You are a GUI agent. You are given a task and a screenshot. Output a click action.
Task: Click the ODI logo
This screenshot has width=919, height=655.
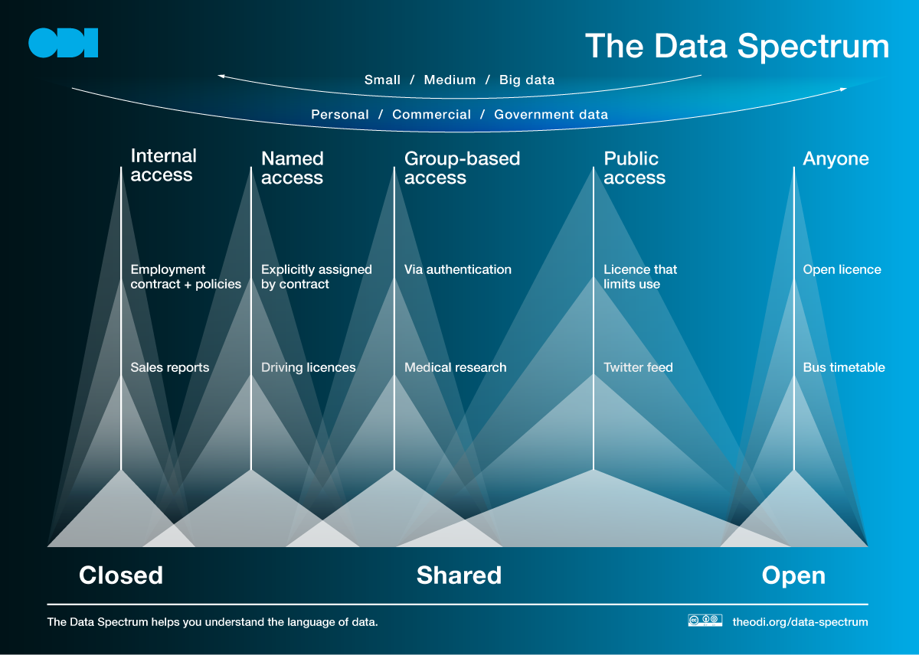tap(63, 43)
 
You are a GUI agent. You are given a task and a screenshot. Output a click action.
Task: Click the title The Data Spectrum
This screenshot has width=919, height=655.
tap(737, 47)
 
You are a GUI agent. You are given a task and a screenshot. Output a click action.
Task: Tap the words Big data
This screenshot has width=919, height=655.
tap(527, 80)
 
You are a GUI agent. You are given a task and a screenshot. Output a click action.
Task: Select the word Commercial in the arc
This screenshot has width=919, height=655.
tap(431, 114)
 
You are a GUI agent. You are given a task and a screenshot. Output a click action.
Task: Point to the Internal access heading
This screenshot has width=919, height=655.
tap(163, 165)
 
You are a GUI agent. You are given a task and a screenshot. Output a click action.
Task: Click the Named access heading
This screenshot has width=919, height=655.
tap(292, 168)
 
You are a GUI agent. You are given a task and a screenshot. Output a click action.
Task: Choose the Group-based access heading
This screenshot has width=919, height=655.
tap(462, 168)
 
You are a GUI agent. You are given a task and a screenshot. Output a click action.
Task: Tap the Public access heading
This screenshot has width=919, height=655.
tap(634, 168)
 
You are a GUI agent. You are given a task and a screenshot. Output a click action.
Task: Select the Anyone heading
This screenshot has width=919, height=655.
tap(836, 159)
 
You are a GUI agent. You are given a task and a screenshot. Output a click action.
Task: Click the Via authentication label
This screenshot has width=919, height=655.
tap(458, 269)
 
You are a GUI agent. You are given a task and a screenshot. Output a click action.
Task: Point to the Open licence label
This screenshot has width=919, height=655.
tap(842, 269)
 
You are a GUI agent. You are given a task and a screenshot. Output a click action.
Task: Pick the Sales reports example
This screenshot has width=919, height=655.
tap(169, 367)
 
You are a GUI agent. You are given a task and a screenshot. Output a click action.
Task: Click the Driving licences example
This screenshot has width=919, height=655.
tap(308, 367)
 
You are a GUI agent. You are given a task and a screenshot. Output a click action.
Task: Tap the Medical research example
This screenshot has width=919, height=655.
tap(456, 367)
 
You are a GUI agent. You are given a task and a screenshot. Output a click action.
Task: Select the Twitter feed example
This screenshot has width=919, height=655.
tap(638, 367)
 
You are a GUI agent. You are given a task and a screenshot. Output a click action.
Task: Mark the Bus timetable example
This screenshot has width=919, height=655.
tap(844, 367)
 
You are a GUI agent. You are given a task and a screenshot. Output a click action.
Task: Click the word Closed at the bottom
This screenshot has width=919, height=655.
tap(121, 575)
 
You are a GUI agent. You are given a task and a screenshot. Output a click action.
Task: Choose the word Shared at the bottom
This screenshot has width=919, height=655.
tap(459, 575)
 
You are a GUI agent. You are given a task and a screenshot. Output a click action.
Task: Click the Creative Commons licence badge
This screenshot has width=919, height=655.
tap(705, 620)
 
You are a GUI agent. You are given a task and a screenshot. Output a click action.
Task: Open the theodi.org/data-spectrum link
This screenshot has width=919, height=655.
tap(800, 622)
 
